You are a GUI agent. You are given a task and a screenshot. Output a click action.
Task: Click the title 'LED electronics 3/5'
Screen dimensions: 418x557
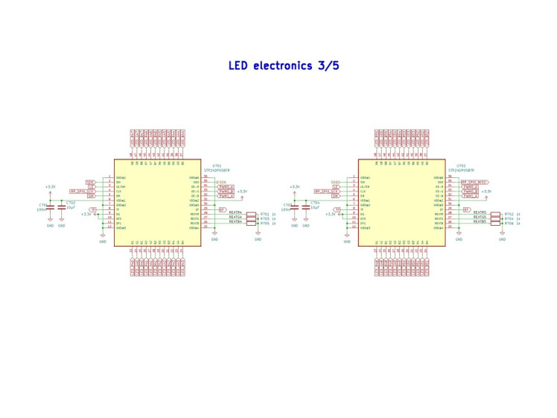click(284, 66)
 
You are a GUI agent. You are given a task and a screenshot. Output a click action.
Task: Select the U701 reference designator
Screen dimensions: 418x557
click(216, 165)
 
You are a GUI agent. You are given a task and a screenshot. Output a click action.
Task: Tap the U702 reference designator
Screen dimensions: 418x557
click(461, 165)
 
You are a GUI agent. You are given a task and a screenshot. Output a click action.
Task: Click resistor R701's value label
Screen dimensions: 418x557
click(273, 213)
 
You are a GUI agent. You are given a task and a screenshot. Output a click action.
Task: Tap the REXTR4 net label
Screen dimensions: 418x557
click(235, 213)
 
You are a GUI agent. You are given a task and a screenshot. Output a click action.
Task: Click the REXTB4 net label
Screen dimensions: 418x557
click(235, 221)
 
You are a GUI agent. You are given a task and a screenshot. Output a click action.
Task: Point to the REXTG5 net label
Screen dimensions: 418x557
click(480, 218)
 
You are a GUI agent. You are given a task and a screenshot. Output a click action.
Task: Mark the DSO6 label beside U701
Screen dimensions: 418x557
click(220, 182)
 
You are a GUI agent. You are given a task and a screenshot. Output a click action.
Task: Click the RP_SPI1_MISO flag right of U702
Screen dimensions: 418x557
click(474, 182)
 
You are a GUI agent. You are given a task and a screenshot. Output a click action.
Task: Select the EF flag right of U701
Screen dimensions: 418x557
click(222, 209)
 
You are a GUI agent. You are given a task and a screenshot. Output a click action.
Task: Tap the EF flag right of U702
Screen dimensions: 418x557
click(466, 209)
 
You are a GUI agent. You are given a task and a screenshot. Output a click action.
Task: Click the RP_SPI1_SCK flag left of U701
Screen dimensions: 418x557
click(82, 191)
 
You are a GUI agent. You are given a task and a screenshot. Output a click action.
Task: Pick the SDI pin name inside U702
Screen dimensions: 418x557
click(363, 182)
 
